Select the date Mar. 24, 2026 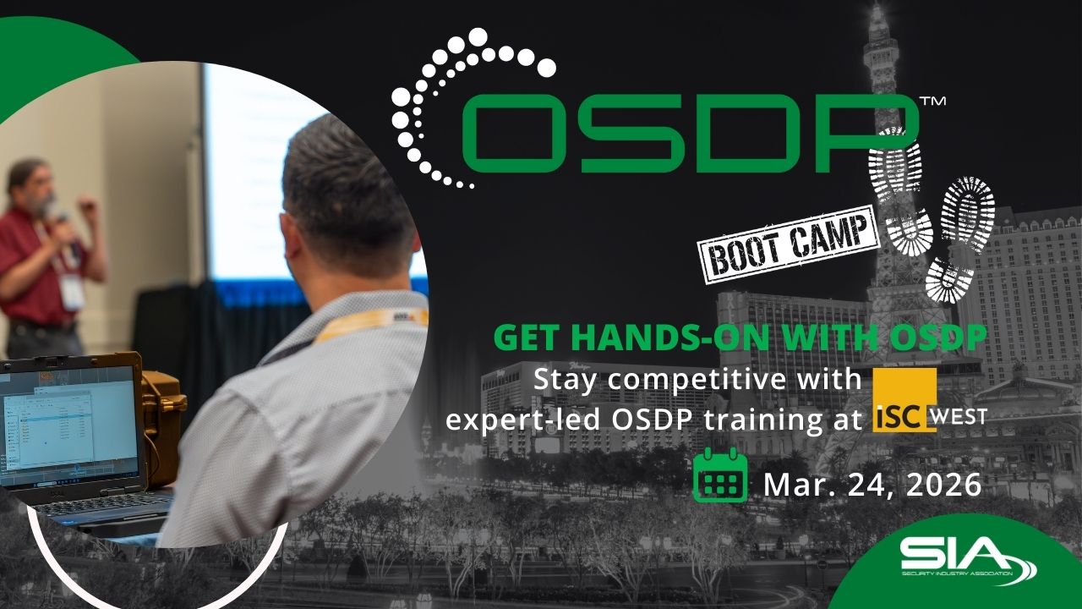(872, 485)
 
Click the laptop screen (68, 431)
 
